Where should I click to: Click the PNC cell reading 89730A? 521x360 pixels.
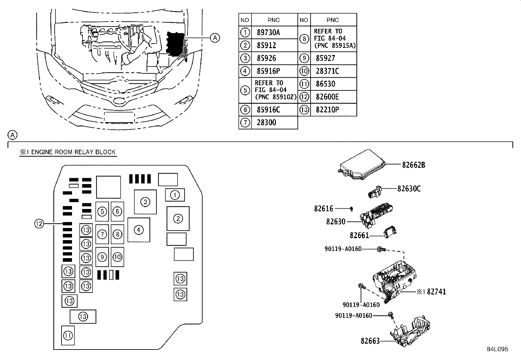click(268, 32)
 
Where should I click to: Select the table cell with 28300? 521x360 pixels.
click(266, 123)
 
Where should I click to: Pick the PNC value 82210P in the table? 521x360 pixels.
click(327, 109)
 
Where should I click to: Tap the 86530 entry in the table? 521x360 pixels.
click(325, 84)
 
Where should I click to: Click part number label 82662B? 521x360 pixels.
click(414, 165)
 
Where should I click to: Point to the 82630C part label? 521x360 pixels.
click(409, 189)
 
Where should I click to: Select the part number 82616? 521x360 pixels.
click(324, 208)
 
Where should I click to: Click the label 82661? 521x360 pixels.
click(359, 235)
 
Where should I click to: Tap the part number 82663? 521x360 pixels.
click(370, 341)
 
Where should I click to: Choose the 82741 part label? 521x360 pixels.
click(436, 292)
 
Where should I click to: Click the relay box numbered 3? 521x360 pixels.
click(145, 202)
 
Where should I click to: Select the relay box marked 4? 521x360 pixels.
click(139, 230)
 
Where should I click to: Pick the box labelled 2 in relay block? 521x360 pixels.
click(178, 218)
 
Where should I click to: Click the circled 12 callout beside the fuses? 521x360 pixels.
click(39, 224)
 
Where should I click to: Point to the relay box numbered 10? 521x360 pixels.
click(117, 257)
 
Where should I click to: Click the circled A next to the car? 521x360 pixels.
click(215, 38)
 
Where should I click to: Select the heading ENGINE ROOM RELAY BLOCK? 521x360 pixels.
click(67, 152)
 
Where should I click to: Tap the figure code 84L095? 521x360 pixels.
click(497, 349)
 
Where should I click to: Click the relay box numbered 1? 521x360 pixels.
click(175, 195)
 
